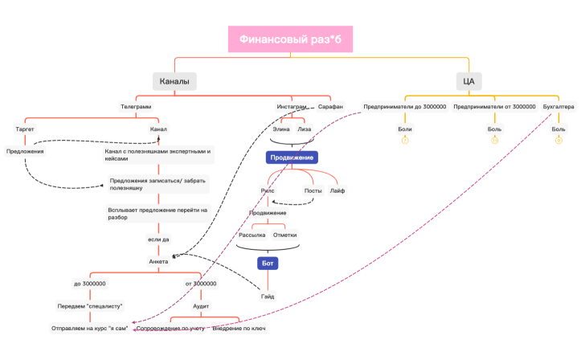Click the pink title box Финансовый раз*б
[290, 40]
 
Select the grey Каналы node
[175, 81]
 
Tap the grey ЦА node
[468, 81]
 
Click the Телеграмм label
[136, 106]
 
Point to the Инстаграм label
[292, 106]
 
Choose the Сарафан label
[330, 106]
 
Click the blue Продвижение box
[291, 157]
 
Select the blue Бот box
[268, 263]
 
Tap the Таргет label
[25, 129]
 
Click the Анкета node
[158, 261]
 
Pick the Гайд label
[268, 297]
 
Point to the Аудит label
[201, 306]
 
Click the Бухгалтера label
[558, 106]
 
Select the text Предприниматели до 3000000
[404, 106]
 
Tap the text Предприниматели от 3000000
[494, 106]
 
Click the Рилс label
[268, 190]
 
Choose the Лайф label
[337, 190]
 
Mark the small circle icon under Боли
[405, 141]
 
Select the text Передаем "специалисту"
[89, 306]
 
